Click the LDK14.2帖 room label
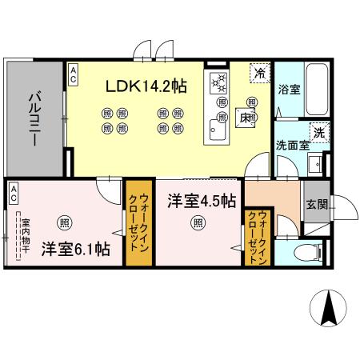(x=147, y=85)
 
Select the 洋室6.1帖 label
(x=76, y=249)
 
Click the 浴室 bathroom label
(x=290, y=90)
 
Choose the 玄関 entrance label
(x=314, y=203)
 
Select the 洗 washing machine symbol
(x=318, y=132)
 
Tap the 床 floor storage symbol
(x=248, y=118)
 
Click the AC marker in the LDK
(x=73, y=74)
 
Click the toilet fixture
(x=307, y=253)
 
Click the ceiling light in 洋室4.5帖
(x=197, y=224)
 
